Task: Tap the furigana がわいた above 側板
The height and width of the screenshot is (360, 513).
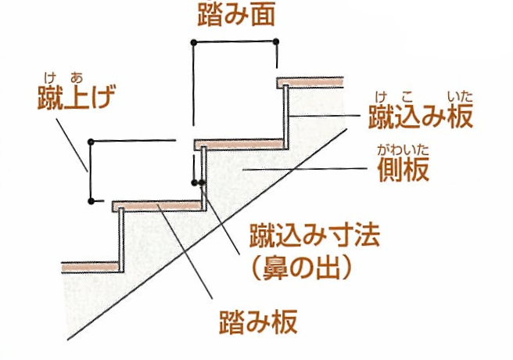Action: (x=404, y=148)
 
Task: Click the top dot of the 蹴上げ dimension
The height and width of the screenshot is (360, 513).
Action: (x=91, y=142)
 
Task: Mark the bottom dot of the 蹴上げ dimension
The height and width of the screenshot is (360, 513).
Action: (x=91, y=201)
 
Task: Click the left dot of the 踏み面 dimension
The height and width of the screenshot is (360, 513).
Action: (x=193, y=40)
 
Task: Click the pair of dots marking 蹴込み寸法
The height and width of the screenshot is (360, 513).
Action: (x=198, y=182)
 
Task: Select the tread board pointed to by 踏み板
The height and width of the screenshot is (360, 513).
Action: (x=156, y=207)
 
